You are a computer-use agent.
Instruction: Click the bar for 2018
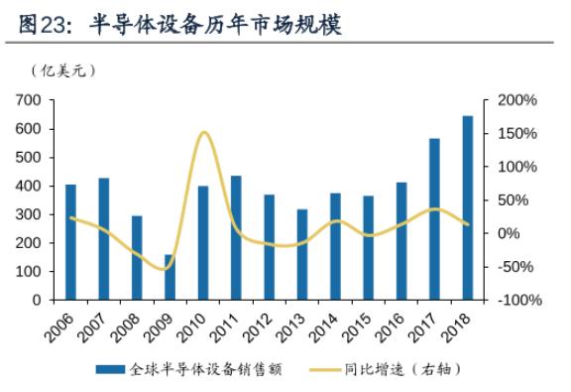468,207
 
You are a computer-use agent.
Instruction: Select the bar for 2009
170,277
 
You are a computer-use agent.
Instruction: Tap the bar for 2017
434,218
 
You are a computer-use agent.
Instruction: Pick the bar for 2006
70,241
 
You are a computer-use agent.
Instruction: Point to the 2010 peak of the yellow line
203,132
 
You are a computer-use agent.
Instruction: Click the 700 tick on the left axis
28,100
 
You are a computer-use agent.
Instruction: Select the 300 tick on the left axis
28,214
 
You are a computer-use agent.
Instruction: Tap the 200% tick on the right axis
516,100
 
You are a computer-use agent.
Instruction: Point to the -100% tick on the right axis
516,300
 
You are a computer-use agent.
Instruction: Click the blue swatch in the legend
110,369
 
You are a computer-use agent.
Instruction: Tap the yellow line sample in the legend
323,369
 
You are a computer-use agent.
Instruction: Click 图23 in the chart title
38,25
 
